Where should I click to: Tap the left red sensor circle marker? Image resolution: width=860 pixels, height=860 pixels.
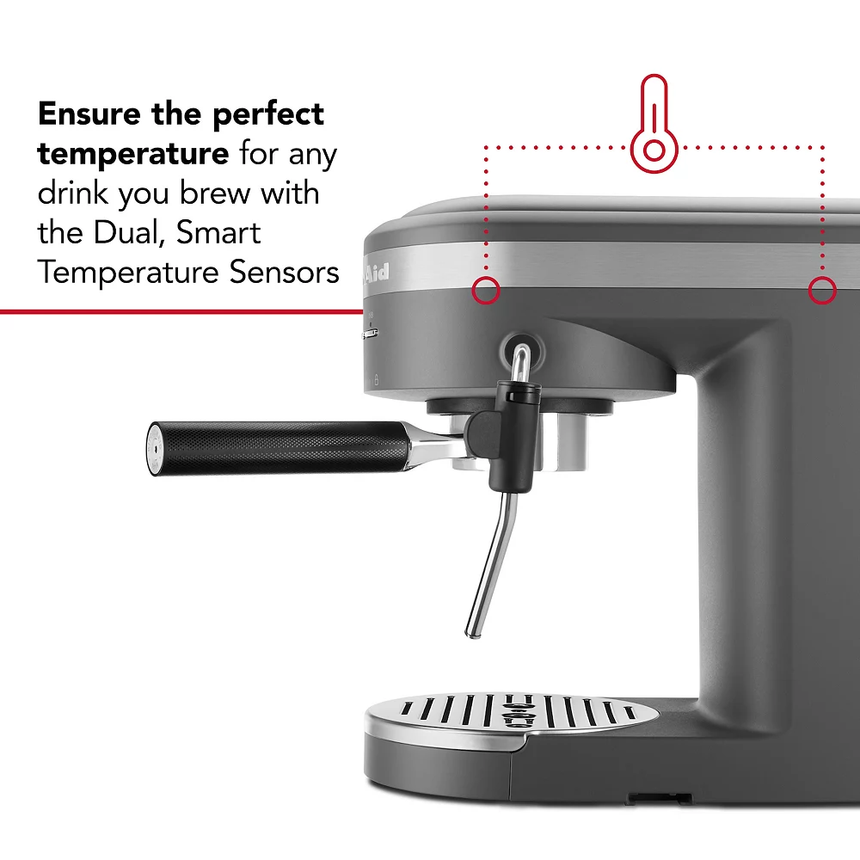click(x=486, y=292)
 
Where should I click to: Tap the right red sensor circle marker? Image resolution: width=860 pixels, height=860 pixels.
click(x=823, y=292)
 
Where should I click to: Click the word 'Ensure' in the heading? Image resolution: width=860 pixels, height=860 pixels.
click(x=89, y=114)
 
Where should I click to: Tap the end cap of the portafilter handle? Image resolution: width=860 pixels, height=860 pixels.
click(x=152, y=447)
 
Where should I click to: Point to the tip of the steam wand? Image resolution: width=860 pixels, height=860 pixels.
click(x=471, y=631)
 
